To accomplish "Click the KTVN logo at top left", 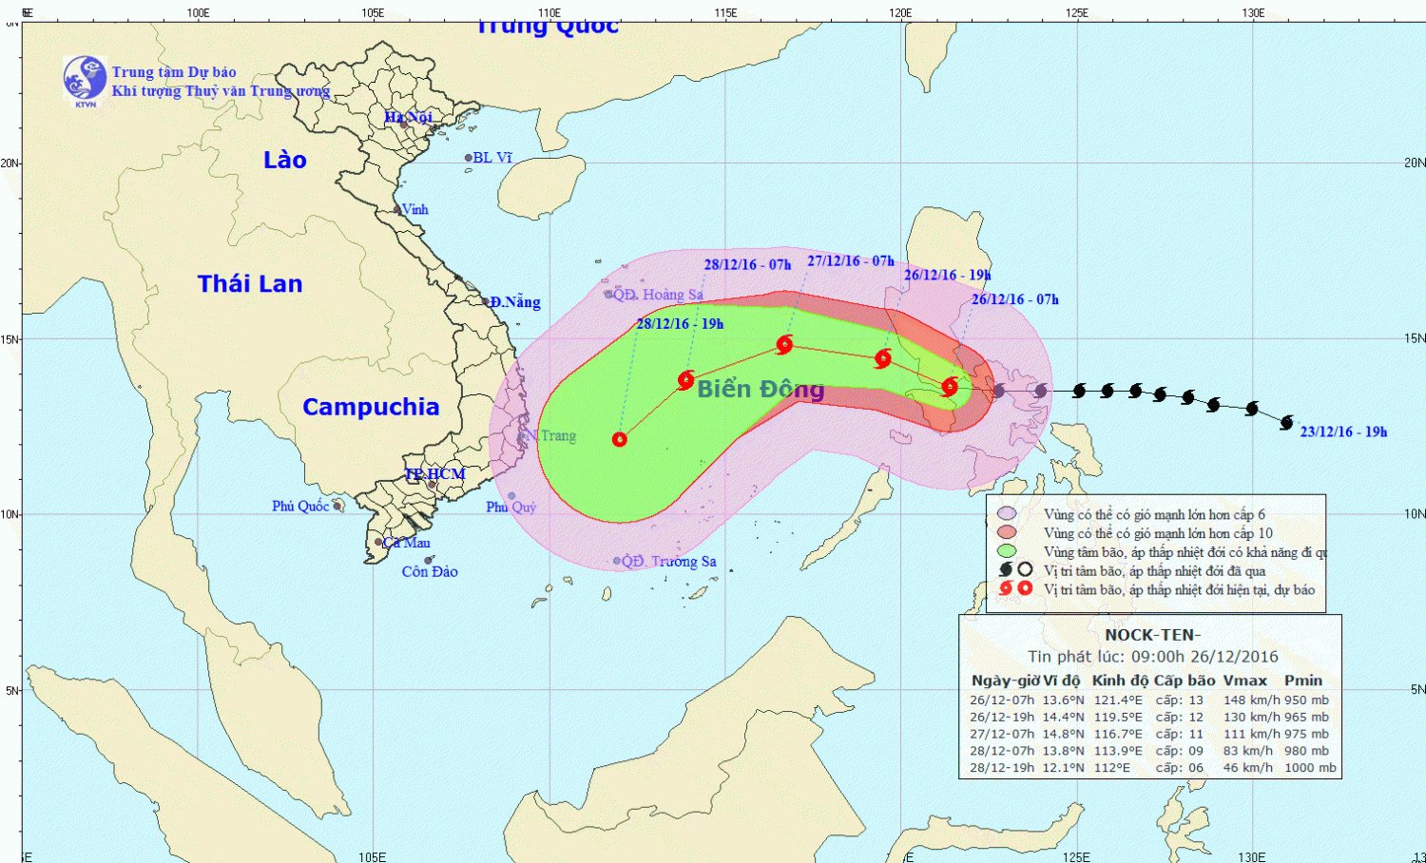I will coord(85,79).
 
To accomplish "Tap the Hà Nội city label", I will coord(408,117).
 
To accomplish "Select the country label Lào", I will coord(285,160).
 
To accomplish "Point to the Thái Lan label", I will coord(250,283).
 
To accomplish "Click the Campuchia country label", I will coord(371,407).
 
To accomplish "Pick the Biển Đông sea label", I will coord(761,389).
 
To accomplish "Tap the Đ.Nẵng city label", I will coord(515,302).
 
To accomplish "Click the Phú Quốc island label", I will coord(300,506).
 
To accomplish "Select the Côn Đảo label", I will coord(430,571).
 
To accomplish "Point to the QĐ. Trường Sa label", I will coord(669,561).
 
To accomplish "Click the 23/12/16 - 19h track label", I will coord(1343,431).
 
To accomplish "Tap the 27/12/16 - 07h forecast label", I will coord(851,260).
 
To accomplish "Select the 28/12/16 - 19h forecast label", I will coord(680,323).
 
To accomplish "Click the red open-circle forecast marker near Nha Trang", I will coord(620,439).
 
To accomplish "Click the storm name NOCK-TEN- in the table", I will coord(1152,635).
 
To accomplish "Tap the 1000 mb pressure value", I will coord(1310,768).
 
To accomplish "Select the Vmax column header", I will coord(1244,681).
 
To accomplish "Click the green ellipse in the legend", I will coord(1007,551).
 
